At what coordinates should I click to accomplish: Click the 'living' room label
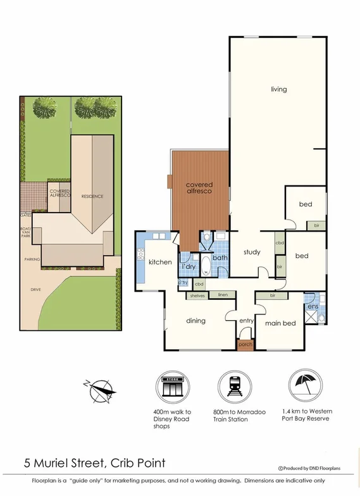pos(278,89)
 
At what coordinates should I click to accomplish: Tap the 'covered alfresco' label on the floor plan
pos(198,187)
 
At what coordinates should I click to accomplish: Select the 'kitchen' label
pos(160,262)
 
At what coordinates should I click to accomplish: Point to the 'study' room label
pos(252,252)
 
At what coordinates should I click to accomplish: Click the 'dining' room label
pos(196,321)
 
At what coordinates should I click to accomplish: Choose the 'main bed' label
pos(280,323)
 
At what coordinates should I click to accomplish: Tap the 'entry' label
pos(245,321)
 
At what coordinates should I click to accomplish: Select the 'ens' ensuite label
pos(313,307)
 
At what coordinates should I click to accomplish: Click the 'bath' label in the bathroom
pos(220,258)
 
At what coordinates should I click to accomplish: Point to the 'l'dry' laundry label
pos(188,268)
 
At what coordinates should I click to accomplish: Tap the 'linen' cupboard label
pos(222,295)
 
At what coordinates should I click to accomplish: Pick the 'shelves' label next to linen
pos(197,295)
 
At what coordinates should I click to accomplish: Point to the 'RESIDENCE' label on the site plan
pos(92,197)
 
